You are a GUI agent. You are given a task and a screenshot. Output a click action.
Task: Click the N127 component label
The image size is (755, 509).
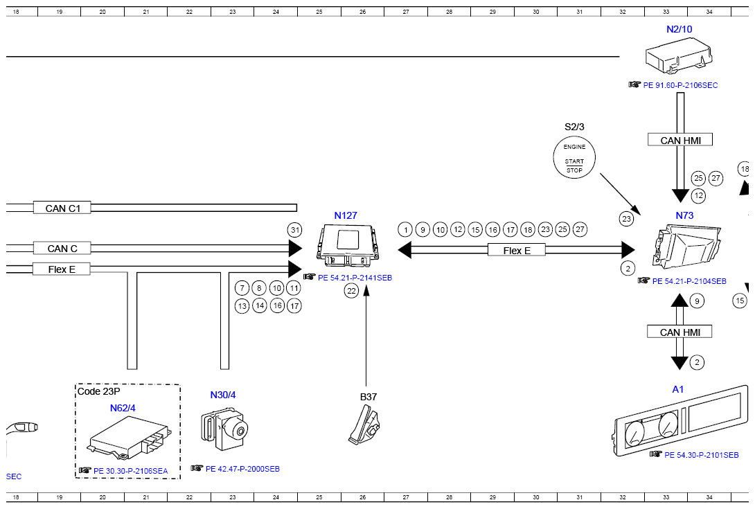coord(346,215)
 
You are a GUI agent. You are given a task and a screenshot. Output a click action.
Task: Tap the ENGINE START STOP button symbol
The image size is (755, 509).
coord(574,157)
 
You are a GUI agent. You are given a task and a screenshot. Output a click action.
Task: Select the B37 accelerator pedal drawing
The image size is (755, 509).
coord(364,425)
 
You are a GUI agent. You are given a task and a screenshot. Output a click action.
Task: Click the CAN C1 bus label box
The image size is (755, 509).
coord(62,208)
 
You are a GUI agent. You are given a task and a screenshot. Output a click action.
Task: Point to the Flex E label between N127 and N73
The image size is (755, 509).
coord(517,251)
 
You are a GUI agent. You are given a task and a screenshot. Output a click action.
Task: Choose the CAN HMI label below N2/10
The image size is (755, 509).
coord(680,140)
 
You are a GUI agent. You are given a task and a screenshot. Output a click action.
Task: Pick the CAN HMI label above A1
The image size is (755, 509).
coord(679,332)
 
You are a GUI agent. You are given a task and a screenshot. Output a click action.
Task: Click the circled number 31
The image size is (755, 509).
coord(295,230)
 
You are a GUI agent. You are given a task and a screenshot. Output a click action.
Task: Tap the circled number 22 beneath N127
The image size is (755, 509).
coord(351,290)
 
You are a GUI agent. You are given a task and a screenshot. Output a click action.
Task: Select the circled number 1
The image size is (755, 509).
coord(405,230)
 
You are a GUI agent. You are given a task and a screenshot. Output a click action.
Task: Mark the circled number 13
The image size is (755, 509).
coord(242,306)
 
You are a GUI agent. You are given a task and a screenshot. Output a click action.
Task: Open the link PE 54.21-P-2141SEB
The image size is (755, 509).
coord(355,278)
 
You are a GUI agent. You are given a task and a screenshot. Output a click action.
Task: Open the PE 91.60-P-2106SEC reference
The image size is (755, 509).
coord(680,85)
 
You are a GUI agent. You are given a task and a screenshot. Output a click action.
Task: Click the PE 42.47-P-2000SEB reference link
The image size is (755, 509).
coord(242,469)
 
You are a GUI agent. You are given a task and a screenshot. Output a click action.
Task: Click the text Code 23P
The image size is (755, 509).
coord(99,391)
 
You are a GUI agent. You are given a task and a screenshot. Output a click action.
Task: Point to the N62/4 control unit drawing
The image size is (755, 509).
coord(129,437)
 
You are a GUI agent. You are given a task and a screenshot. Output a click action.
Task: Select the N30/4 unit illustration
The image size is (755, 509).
coord(224,428)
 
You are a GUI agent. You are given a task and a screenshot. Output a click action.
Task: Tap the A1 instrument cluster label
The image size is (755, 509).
coord(677,389)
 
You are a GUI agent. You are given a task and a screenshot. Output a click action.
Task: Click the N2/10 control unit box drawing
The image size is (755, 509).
coord(679,56)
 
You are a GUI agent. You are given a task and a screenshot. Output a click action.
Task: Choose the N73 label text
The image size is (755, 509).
coord(684,215)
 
